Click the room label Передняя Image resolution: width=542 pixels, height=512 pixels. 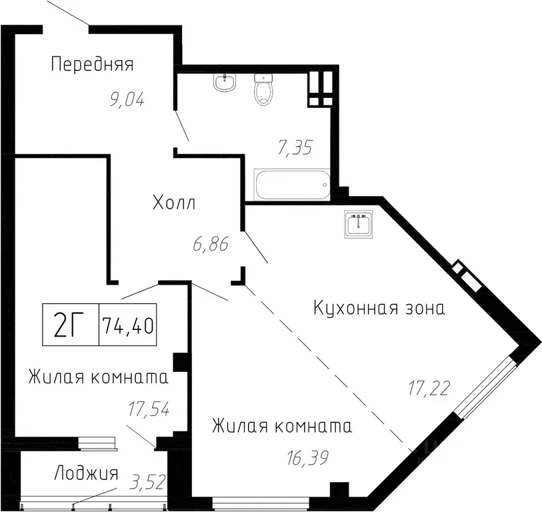click(93, 64)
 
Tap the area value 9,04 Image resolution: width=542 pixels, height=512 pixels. click(127, 100)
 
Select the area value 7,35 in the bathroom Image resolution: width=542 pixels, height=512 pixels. click(295, 147)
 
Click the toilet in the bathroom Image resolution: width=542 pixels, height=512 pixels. click(264, 90)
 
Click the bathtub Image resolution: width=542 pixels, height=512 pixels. click(292, 183)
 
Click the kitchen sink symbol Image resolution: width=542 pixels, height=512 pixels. click(360, 225)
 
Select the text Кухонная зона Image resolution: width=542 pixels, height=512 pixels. click(378, 309)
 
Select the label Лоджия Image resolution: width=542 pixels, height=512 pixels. click(86, 474)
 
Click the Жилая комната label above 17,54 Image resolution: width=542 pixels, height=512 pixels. click(97, 377)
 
